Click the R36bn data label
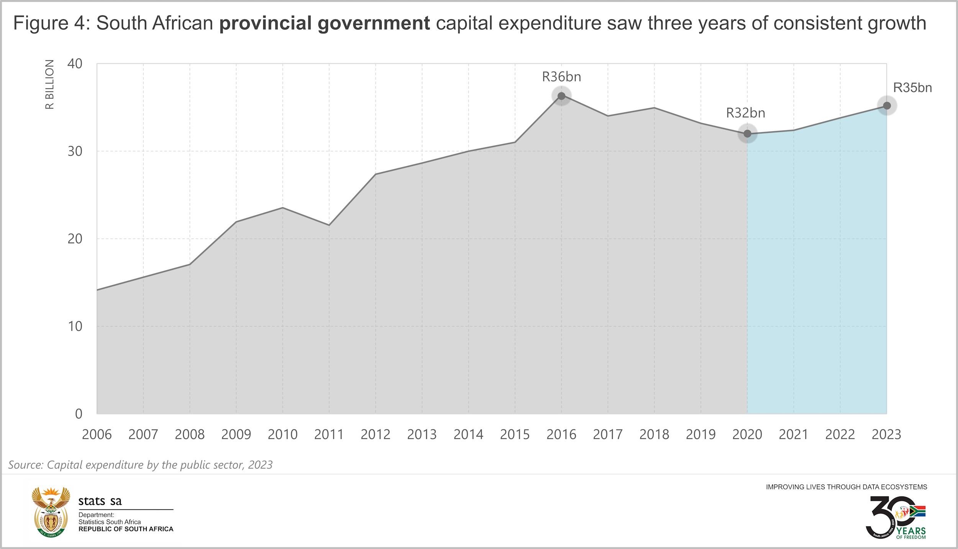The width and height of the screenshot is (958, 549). pos(561,77)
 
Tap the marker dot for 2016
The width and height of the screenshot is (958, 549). pos(561,96)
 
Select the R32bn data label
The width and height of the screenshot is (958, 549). pos(745,113)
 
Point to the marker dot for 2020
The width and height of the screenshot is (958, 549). pos(747,134)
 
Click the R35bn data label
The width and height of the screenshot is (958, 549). pos(912,88)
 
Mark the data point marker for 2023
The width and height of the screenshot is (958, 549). pos(887,106)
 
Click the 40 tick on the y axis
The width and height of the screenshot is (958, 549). pos(75,64)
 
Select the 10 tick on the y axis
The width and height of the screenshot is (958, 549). pos(75,326)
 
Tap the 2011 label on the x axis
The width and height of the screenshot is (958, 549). pos(329,435)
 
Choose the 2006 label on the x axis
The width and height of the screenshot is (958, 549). pos(97,435)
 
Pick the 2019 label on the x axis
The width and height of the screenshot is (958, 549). pos(700,435)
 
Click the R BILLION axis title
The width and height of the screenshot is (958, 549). pos(50,84)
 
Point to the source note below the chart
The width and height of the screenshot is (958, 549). pos(140,465)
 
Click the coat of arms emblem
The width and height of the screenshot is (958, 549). pos(51,512)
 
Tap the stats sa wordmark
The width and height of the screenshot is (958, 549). pos(100,501)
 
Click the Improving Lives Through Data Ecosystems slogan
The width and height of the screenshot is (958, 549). pos(846,487)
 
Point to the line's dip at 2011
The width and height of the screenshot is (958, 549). pos(329,225)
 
